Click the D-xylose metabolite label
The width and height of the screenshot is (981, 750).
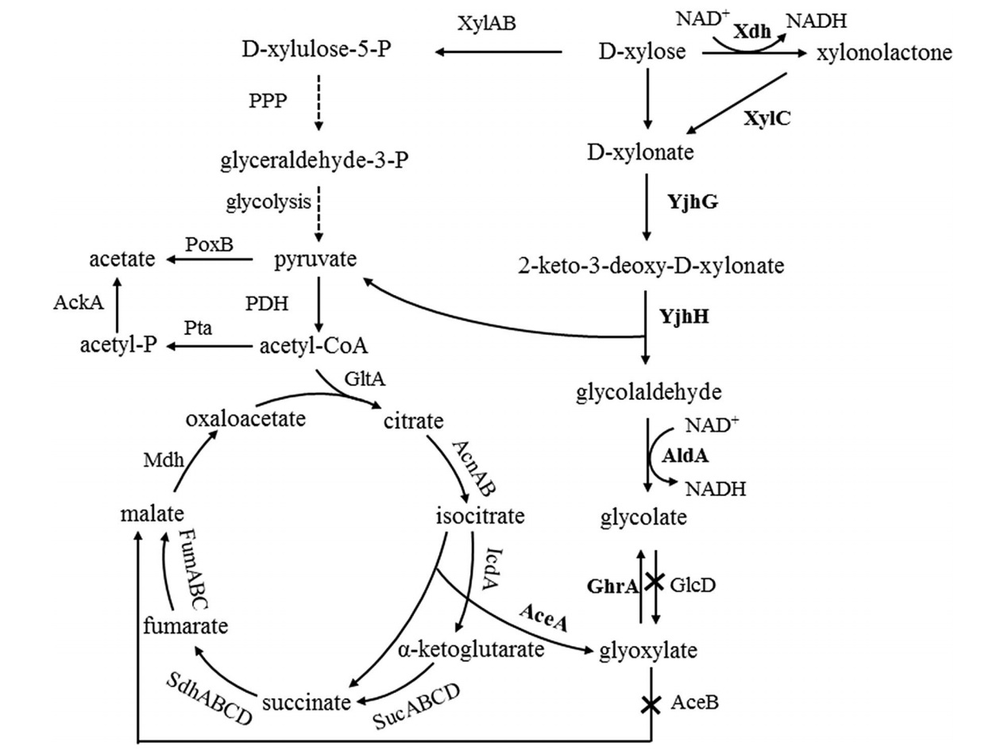tap(642, 54)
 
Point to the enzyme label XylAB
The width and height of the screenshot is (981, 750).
tap(487, 23)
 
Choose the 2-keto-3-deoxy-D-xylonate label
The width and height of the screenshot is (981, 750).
tap(647, 265)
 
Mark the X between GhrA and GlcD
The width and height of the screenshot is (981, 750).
tap(653, 583)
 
